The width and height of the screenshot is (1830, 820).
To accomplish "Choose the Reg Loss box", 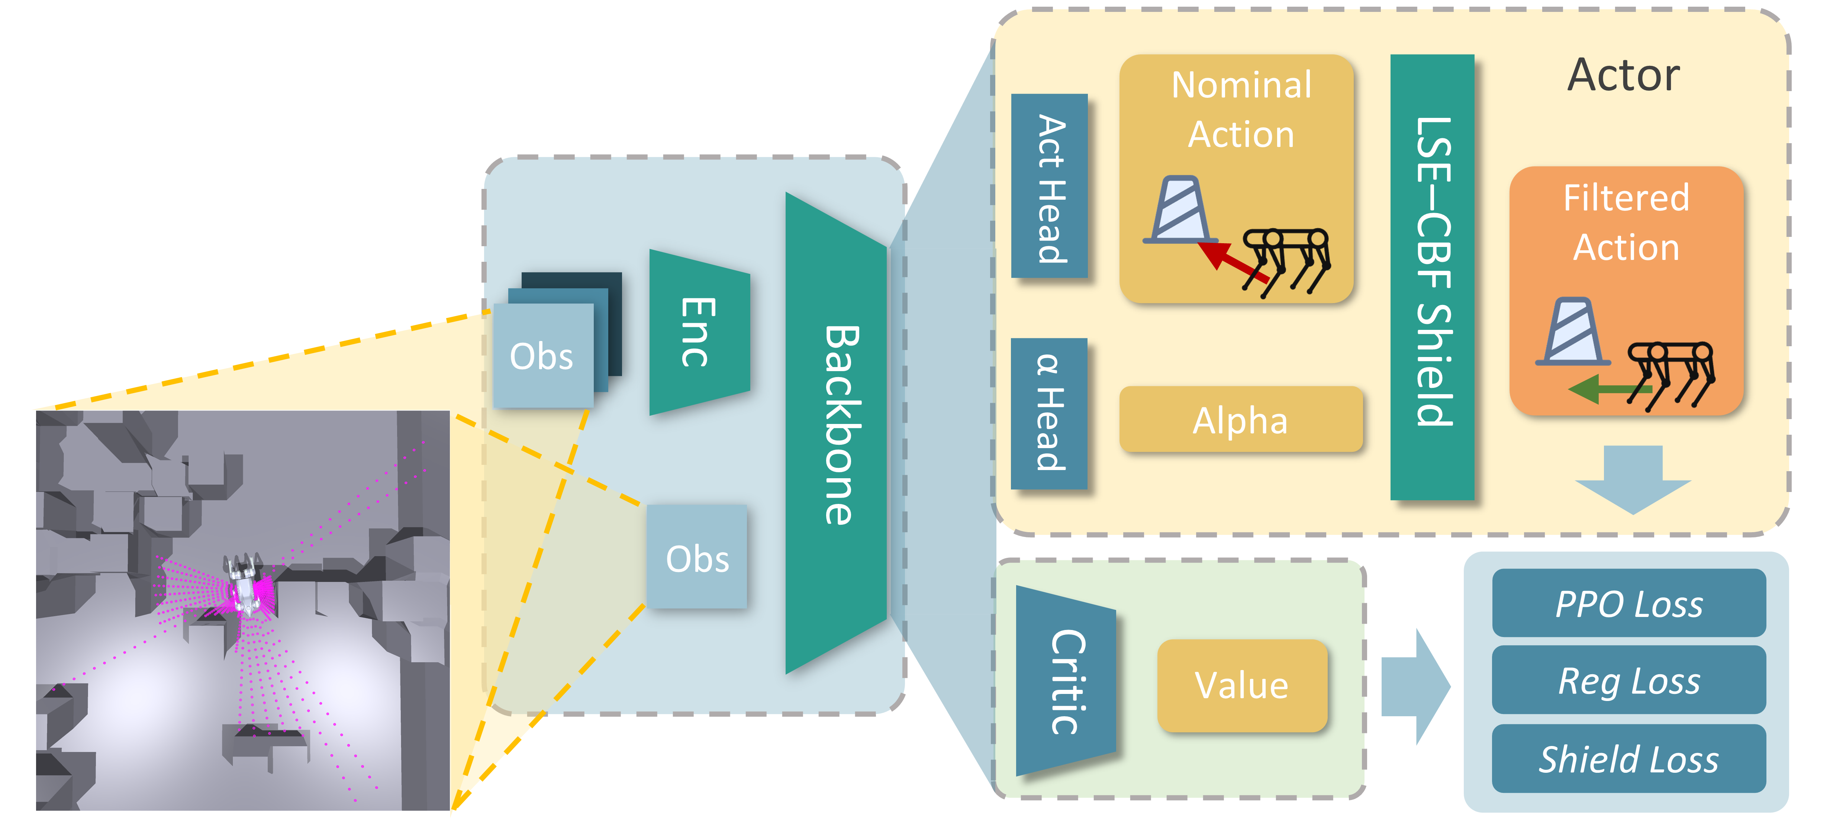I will (x=1628, y=681).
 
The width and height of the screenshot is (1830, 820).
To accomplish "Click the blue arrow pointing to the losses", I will (x=1414, y=686).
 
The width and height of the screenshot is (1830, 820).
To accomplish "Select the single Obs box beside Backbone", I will (x=696, y=558).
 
